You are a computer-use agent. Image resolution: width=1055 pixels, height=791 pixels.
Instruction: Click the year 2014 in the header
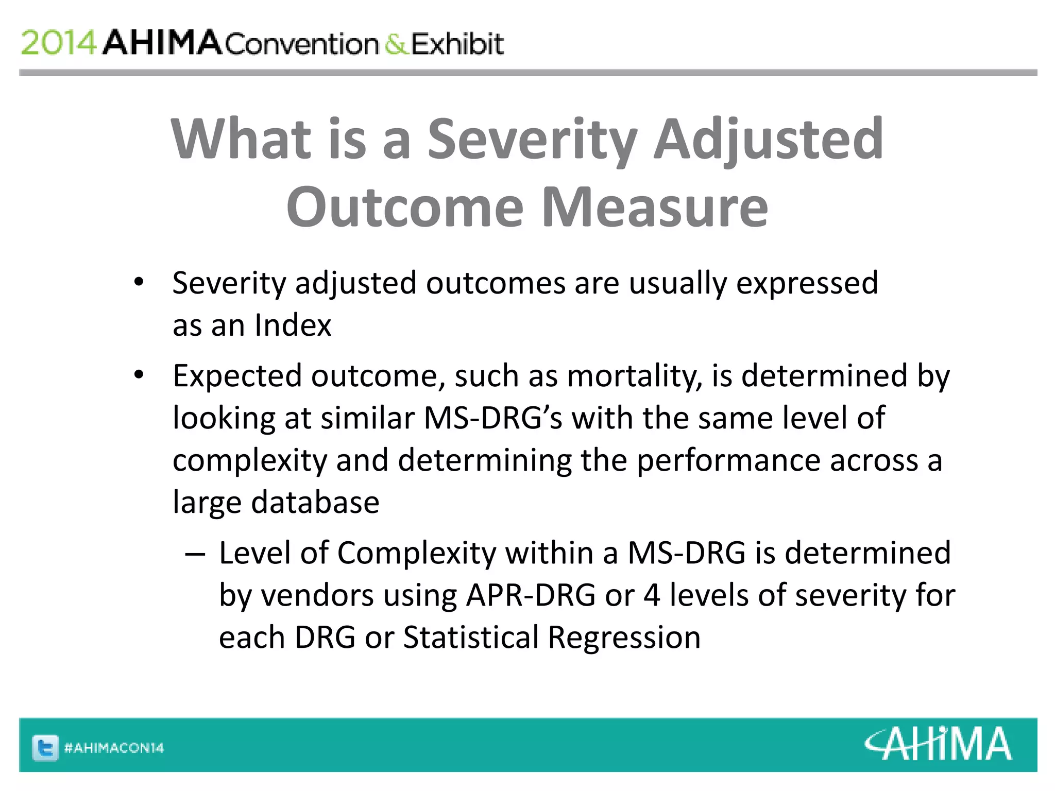click(x=58, y=43)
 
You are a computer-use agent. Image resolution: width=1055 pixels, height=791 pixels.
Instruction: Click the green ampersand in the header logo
click(x=396, y=44)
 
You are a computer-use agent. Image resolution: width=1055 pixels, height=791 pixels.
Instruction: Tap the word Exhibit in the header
click(x=457, y=44)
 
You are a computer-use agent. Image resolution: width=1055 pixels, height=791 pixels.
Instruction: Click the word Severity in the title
click(x=533, y=139)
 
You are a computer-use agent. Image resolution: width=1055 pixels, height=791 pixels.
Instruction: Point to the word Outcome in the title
click(x=405, y=207)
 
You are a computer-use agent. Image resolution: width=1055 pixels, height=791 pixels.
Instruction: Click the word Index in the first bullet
click(x=293, y=325)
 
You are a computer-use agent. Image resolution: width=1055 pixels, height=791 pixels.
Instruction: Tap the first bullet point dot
click(x=139, y=282)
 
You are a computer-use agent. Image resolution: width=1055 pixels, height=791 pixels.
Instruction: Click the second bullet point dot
click(x=139, y=375)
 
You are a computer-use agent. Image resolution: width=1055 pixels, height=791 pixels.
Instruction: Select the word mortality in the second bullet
click(x=634, y=376)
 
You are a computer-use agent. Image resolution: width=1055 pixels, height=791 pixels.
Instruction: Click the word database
click(x=315, y=503)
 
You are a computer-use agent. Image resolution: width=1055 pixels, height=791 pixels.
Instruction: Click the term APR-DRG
click(x=531, y=595)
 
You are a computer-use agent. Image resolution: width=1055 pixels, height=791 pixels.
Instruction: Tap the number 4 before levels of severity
click(x=652, y=595)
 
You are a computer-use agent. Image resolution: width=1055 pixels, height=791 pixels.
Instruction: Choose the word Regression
click(x=624, y=638)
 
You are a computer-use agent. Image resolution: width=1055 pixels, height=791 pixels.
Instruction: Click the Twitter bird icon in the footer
click(x=45, y=747)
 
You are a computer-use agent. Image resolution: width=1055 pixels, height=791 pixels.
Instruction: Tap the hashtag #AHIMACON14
click(x=114, y=748)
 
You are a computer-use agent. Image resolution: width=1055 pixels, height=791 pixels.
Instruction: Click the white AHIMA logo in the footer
click(x=938, y=744)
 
